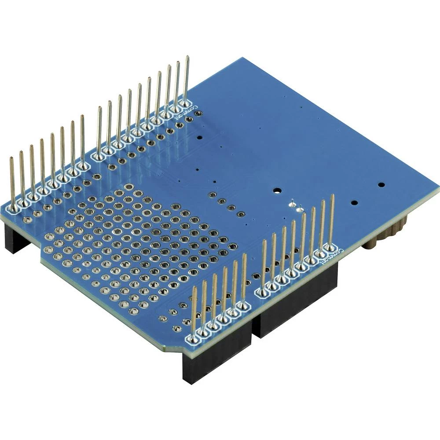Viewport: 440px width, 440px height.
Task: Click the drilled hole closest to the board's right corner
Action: [381, 185]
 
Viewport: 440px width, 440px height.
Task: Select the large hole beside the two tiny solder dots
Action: [277, 191]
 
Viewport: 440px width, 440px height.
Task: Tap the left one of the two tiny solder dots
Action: [291, 204]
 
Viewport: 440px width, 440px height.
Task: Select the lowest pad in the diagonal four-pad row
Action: [240, 215]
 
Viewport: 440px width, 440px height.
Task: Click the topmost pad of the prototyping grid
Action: [129, 187]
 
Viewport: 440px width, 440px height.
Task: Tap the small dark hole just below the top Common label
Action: [199, 137]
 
